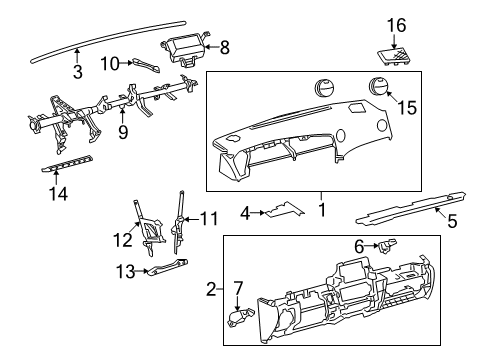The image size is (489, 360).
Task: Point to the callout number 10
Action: tap(110, 64)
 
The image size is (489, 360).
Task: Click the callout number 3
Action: tap(77, 70)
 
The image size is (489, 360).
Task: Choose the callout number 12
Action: tap(122, 238)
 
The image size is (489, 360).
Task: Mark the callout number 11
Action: tap(208, 216)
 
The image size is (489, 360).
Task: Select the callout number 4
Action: tap(245, 211)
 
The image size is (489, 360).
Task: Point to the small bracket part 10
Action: tap(146, 65)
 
